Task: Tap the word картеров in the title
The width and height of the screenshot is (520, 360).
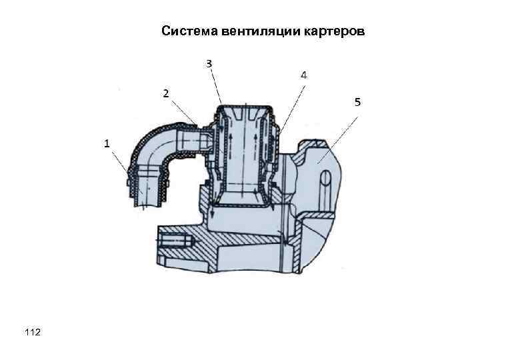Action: (335, 31)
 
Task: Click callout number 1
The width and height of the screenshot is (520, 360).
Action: (106, 143)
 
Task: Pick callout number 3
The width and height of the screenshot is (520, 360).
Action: (209, 63)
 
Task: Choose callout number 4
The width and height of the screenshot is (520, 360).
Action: (303, 75)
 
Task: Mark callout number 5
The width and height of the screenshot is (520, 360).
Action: (357, 101)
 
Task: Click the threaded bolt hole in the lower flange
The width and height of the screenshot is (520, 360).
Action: (175, 237)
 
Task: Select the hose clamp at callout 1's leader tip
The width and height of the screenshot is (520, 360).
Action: (128, 177)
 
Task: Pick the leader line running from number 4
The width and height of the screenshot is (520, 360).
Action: (292, 107)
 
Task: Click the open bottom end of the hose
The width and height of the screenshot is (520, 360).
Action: (148, 203)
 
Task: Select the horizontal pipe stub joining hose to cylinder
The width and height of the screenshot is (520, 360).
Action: (193, 140)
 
